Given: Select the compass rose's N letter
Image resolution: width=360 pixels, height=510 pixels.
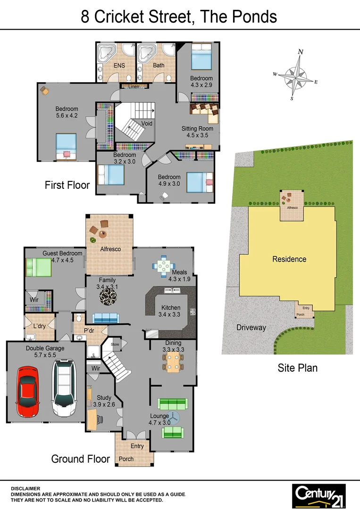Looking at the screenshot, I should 301,52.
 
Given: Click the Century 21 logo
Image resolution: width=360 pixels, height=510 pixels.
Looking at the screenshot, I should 318,495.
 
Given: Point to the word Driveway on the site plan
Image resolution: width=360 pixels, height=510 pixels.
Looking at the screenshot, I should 251,327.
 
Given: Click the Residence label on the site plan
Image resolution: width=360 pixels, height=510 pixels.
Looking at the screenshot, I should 289,259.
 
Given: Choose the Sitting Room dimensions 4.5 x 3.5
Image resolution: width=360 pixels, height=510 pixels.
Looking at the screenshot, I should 197,136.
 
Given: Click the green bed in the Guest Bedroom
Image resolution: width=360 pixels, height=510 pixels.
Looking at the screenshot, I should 38,267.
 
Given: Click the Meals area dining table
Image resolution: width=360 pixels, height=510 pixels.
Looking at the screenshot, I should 163,266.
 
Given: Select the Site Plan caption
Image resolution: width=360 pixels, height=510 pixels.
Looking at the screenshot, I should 297,368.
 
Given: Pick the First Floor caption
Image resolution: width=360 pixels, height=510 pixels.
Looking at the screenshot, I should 67,185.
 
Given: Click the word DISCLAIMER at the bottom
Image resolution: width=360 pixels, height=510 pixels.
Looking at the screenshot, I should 25,489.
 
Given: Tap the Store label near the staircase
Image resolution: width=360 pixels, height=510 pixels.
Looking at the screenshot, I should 115,344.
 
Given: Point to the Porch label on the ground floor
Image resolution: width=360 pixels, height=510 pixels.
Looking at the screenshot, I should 126,459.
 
